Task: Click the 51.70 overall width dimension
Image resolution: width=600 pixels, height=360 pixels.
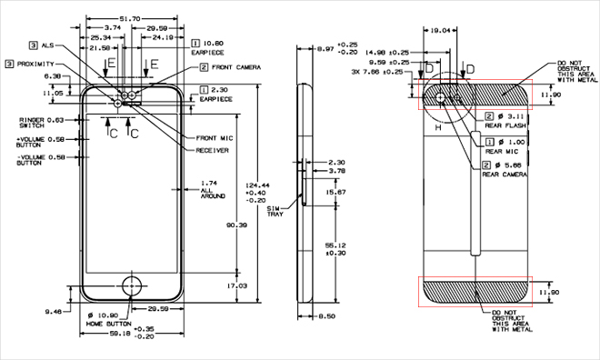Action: (133, 18)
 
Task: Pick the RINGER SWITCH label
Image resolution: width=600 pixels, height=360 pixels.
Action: (40, 123)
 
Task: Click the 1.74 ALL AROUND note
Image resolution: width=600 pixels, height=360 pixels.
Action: (214, 190)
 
